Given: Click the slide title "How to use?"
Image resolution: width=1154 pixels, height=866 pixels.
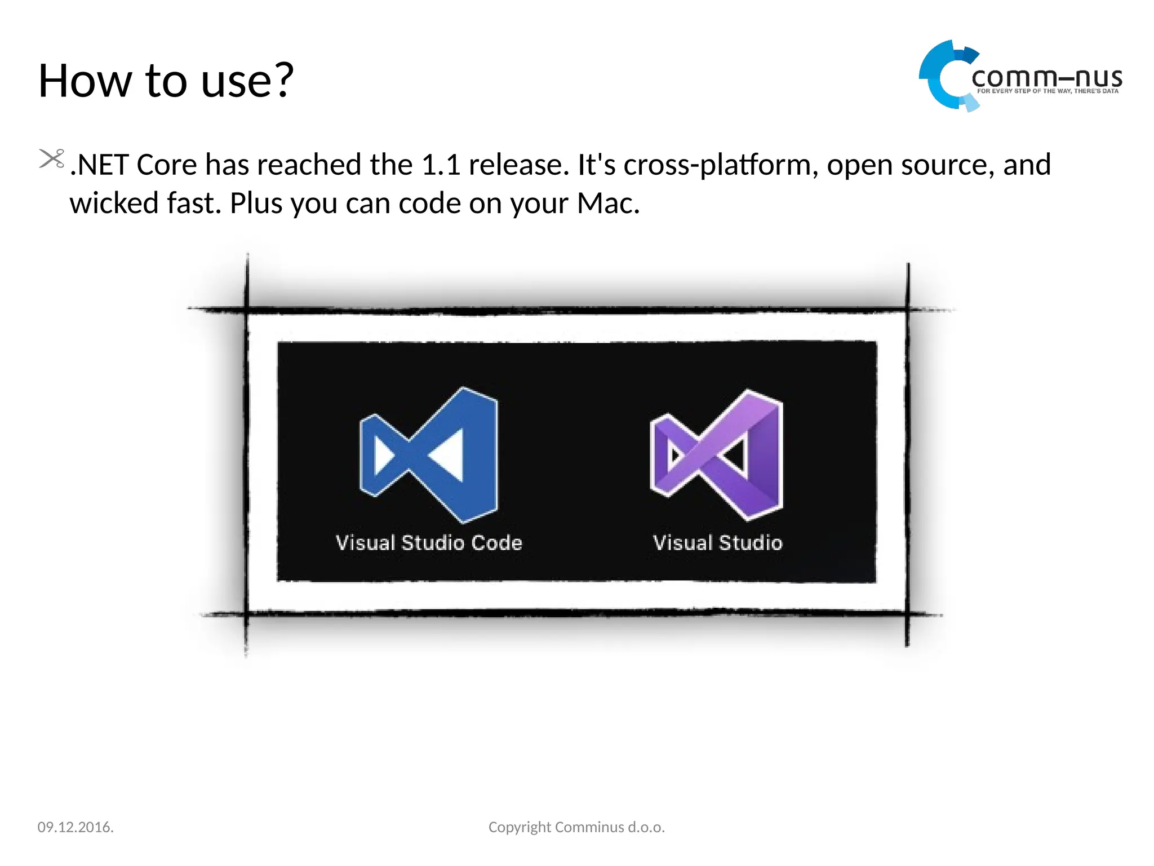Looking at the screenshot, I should tap(166, 81).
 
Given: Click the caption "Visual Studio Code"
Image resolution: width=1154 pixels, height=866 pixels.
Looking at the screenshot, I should tap(429, 542).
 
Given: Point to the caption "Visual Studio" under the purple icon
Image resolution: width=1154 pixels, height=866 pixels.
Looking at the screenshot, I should tap(717, 542).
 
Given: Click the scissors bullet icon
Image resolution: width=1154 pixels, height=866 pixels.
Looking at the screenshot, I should tap(51, 158).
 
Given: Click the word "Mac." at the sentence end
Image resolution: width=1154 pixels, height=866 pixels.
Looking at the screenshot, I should tap(608, 203).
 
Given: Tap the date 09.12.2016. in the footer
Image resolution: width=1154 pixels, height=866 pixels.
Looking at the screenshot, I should tap(76, 827).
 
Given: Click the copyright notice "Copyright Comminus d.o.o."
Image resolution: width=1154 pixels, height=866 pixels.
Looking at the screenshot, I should tap(576, 827).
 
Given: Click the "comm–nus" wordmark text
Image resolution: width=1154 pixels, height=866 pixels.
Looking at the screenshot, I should tap(1046, 78).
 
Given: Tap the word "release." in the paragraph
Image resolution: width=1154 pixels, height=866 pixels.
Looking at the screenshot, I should tap(519, 165).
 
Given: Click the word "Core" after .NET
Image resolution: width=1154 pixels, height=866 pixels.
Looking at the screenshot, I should tap(167, 165).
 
